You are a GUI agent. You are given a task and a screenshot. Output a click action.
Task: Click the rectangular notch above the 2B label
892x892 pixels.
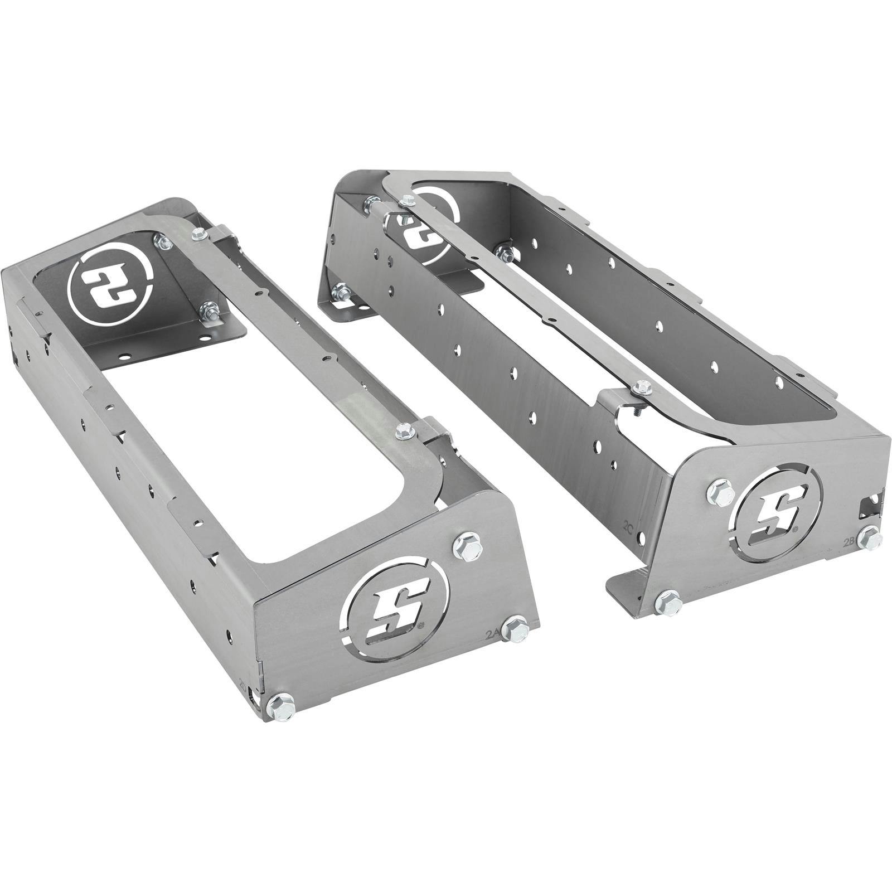pos(871,505)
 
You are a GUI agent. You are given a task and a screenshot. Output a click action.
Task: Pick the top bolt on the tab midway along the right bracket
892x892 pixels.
pos(641,384)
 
